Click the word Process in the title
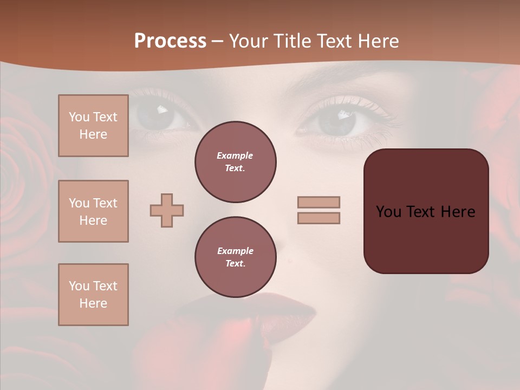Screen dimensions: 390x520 (x=170, y=41)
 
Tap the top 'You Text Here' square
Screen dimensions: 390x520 (x=93, y=126)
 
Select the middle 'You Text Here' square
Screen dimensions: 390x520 (x=93, y=211)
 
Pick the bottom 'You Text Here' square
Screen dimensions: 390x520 (x=93, y=295)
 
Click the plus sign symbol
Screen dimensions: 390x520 (x=167, y=210)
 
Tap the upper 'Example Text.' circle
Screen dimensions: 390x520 (x=235, y=162)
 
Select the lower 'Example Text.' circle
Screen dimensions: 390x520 (x=235, y=257)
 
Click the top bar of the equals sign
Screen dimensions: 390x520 (x=318, y=202)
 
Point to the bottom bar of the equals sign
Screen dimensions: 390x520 (x=318, y=218)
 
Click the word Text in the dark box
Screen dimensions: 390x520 (x=420, y=212)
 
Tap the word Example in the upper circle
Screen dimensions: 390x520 (x=235, y=156)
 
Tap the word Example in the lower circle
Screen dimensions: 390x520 (x=235, y=251)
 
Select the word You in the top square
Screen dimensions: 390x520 (x=79, y=117)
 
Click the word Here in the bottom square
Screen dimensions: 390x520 (x=93, y=303)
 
